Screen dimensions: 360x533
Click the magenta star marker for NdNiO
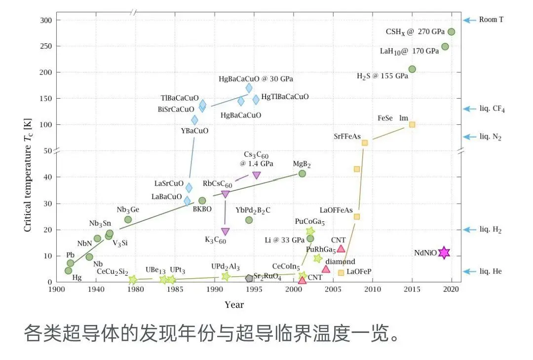[444, 253]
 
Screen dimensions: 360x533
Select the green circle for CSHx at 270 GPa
[451, 32]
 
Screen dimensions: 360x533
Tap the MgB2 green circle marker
[302, 174]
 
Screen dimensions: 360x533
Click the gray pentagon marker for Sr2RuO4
[249, 278]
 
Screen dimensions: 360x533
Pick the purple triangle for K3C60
[225, 231]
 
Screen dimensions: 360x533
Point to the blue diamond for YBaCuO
[194, 120]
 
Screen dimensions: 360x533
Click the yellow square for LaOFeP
[341, 273]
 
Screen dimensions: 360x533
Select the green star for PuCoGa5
[310, 231]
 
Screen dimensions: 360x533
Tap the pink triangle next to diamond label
[326, 269]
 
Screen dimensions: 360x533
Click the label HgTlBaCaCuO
[285, 97]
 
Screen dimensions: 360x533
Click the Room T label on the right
[491, 20]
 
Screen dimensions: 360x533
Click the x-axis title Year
[234, 305]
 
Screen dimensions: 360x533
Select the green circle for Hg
[68, 270]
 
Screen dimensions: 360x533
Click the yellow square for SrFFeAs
[365, 143]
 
